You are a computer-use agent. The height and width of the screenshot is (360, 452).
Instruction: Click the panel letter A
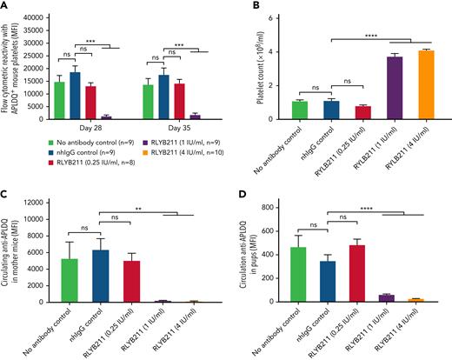coord(6,6)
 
